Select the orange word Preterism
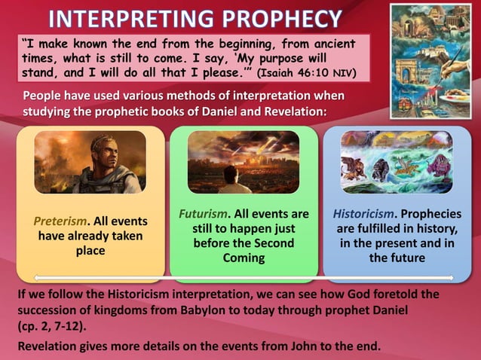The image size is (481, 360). point(61,222)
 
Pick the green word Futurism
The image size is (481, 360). point(203,215)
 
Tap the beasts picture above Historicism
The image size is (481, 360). point(397,161)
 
